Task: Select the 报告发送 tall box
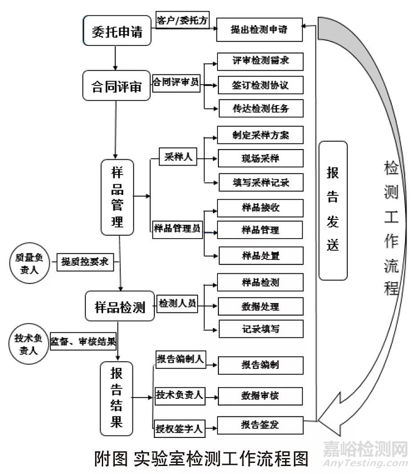pos(333,210)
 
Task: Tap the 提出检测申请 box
pos(260,29)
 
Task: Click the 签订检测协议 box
pos(260,86)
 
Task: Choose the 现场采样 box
pos(260,158)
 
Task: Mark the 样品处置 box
pos(260,255)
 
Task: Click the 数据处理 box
pos(260,305)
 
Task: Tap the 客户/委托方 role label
pos(182,20)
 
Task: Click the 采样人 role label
pos(179,157)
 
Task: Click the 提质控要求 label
pos(85,262)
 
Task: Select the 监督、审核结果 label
pos(83,341)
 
